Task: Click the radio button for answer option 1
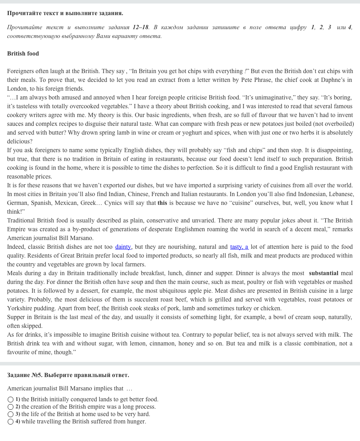coord(11,400)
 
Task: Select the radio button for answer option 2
coord(11,407)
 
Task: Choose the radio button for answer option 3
coord(11,414)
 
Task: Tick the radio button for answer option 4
coord(11,422)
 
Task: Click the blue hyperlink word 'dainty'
coord(123,247)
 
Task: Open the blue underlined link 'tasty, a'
coord(239,247)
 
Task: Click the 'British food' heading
coord(23,54)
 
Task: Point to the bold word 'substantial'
coord(323,273)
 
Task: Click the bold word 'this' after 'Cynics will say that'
coord(162,203)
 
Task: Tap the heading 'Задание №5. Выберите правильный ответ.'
coord(68,375)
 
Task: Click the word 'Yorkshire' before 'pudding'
coord(19,309)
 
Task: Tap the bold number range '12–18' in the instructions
coord(140,27)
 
